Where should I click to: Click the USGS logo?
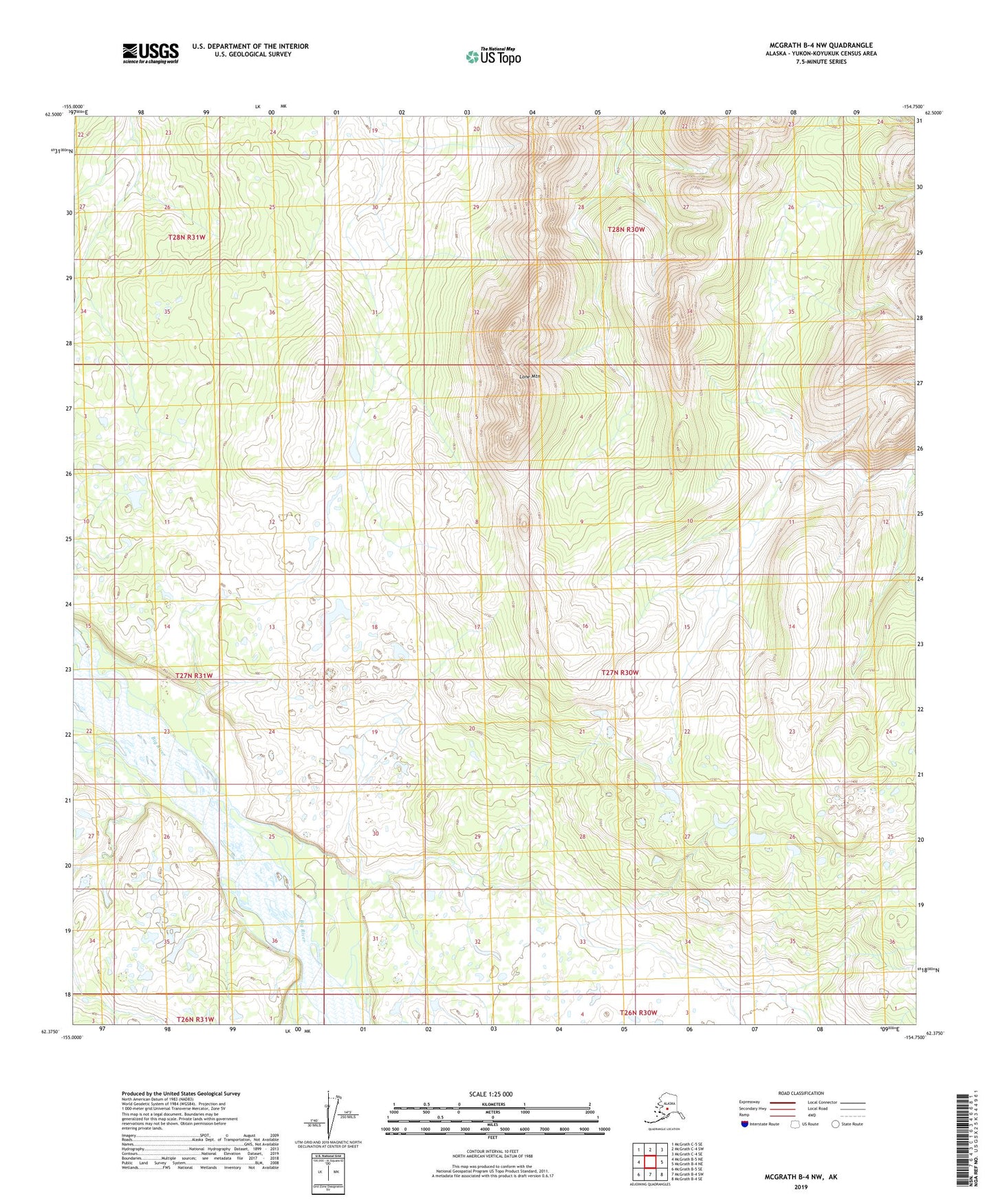(x=150, y=53)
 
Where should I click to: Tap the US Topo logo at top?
(x=493, y=56)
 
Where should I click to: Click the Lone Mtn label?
(x=530, y=376)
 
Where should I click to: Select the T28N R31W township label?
(x=186, y=237)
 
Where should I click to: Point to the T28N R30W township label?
(x=626, y=229)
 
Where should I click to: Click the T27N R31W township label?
(x=194, y=675)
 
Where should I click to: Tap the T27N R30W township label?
(x=620, y=672)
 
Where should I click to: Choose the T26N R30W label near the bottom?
(x=638, y=1013)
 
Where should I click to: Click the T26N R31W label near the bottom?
(x=195, y=1019)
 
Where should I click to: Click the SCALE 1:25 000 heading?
(x=490, y=1094)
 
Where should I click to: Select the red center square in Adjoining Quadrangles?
(x=650, y=1161)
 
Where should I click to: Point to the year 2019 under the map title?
(x=800, y=1187)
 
